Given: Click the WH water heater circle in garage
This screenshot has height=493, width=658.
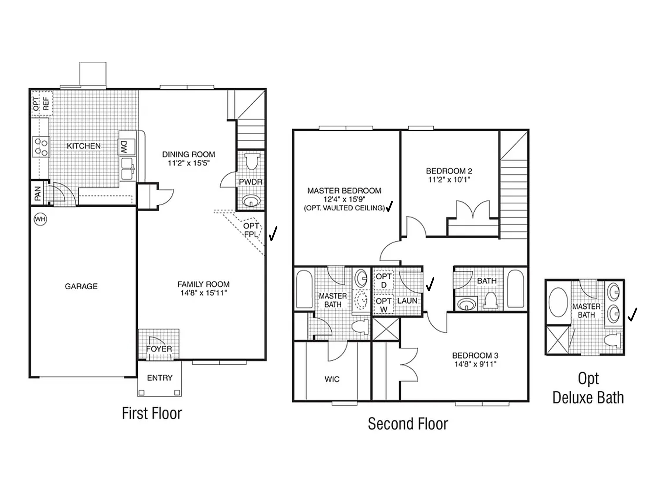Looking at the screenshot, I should point(40,219).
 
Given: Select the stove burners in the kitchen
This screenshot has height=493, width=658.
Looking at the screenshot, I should point(41,147).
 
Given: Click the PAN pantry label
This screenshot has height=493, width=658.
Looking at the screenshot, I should point(38,193).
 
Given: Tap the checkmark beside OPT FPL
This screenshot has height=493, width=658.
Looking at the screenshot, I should point(273,234).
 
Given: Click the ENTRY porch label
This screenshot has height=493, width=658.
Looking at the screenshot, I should point(160,378).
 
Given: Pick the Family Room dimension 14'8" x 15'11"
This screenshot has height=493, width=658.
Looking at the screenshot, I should point(204,293).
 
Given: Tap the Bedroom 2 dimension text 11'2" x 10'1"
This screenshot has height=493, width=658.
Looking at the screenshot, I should point(449,179).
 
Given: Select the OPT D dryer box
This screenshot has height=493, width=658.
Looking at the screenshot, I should point(383,280).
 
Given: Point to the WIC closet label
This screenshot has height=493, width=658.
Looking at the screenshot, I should point(332,379).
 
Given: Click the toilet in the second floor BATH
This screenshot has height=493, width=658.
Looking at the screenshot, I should point(490,301).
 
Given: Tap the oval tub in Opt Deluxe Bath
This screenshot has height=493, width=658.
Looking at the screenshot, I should point(558,302).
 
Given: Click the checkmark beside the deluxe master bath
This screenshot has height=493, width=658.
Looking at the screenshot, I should point(632,315).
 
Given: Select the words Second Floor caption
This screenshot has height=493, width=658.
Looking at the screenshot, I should point(408,424).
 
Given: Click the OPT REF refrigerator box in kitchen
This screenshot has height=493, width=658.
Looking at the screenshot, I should point(42,104).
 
